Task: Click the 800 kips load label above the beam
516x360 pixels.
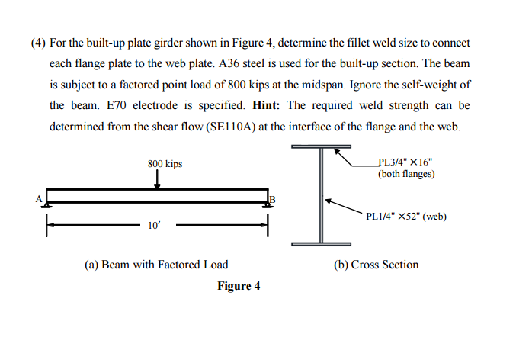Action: pos(165,163)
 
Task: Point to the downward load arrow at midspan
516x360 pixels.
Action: pos(157,178)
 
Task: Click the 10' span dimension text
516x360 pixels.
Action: pos(155,225)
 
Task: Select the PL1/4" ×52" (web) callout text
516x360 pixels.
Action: pos(406,216)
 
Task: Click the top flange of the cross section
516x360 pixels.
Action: pos(321,146)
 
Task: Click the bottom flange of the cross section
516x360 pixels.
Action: pos(321,244)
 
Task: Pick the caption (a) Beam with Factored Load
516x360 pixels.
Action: pos(156,265)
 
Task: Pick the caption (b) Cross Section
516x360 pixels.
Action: pos(377,265)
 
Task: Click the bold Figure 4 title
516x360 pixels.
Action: pos(239,286)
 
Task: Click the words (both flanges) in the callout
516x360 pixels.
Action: pos(406,174)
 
